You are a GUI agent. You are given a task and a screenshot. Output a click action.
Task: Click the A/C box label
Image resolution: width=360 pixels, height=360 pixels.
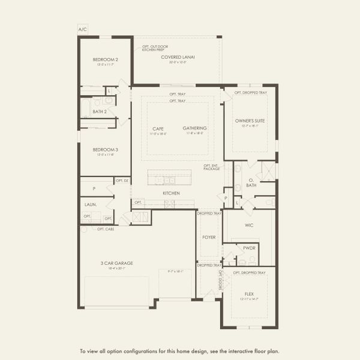point(82,29)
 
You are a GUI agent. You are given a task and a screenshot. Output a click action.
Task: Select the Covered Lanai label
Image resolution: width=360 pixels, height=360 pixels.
point(178,57)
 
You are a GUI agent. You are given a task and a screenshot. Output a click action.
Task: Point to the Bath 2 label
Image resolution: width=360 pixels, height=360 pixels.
point(100,111)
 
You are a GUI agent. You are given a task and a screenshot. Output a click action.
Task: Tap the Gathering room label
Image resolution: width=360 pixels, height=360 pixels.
point(195,128)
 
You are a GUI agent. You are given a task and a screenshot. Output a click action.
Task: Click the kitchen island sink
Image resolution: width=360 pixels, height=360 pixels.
point(169,179)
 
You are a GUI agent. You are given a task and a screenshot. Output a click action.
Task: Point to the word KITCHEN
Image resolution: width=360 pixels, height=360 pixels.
point(171,193)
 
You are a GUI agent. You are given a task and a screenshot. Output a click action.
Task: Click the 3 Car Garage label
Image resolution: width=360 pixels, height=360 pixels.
point(117,263)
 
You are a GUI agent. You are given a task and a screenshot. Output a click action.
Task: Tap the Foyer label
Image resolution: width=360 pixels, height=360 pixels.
point(208,237)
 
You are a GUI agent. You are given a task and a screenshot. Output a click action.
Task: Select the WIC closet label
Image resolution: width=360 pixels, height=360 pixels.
point(249,226)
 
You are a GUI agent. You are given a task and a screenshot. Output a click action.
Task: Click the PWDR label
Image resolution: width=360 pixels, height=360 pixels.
point(248,247)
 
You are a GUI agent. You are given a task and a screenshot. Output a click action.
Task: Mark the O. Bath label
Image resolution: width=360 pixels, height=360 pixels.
point(251,182)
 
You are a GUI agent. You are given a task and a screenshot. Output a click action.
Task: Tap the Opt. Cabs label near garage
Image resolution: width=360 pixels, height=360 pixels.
point(106,229)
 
